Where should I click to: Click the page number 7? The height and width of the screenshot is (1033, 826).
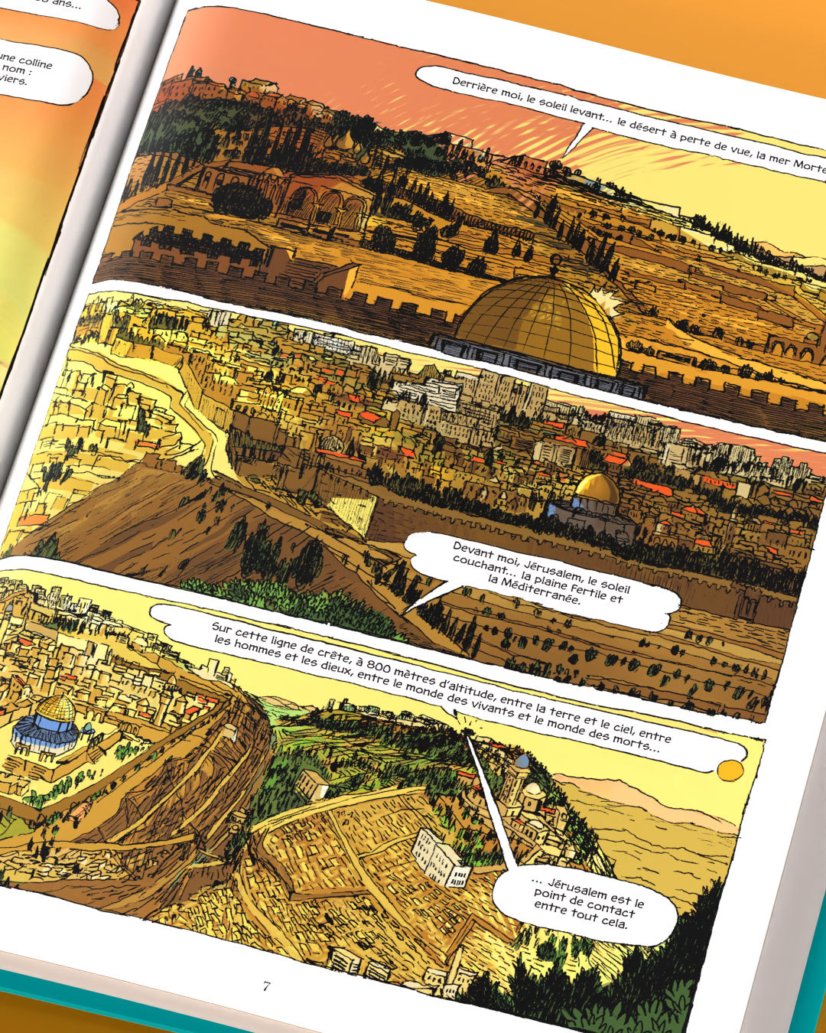[x=266, y=986]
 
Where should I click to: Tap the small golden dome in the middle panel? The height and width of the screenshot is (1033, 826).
[x=597, y=487]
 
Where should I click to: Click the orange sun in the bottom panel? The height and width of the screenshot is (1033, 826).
[x=730, y=768]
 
